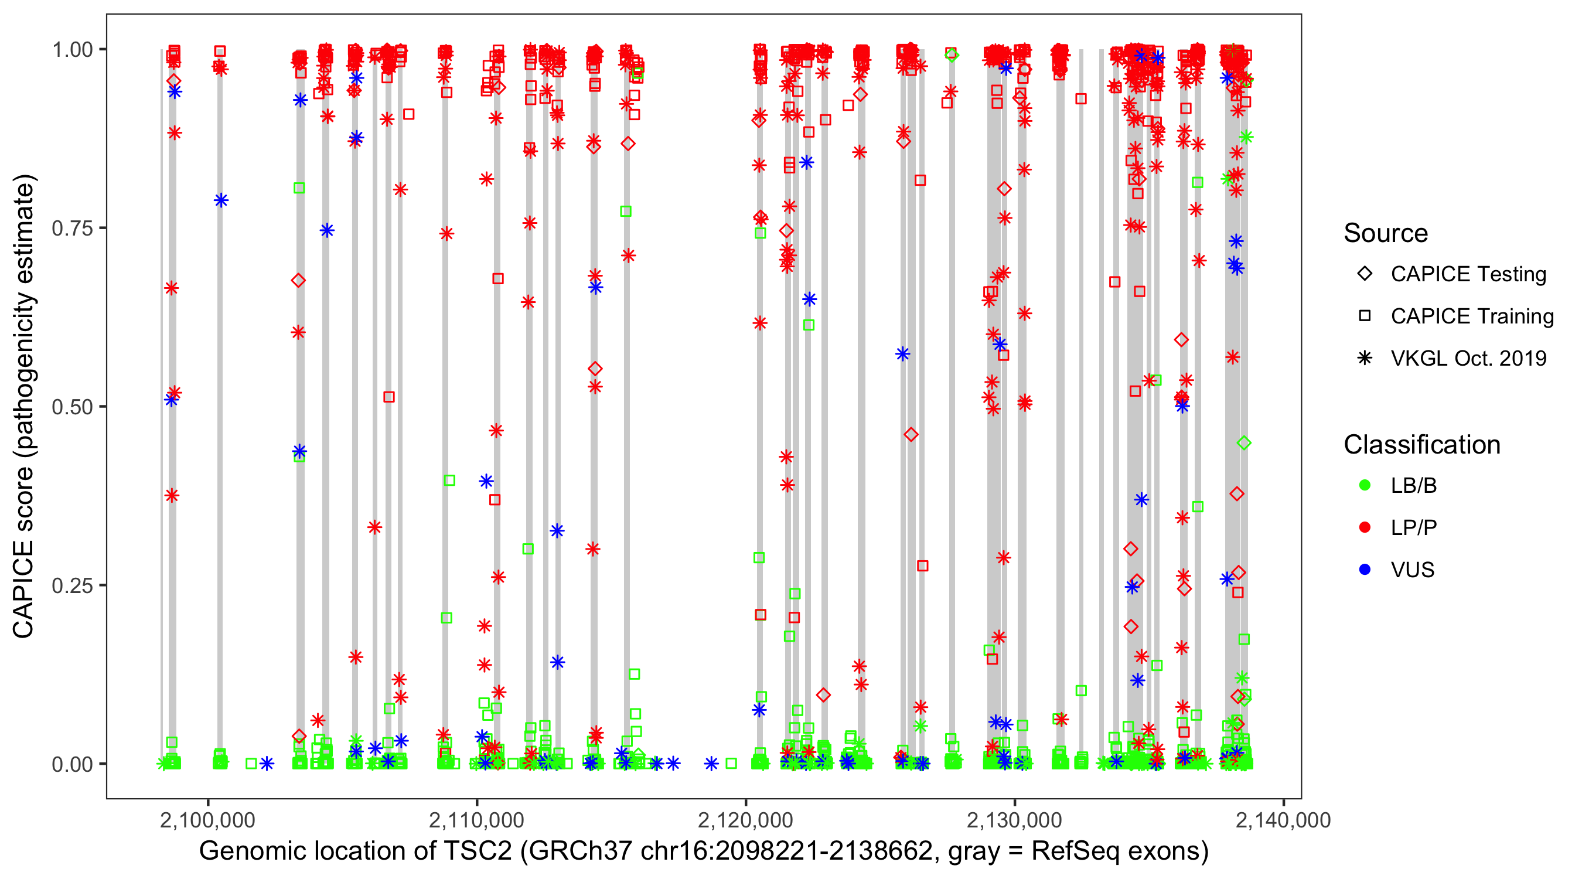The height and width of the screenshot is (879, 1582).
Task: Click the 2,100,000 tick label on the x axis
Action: point(207,820)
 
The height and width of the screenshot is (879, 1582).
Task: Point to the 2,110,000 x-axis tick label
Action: point(476,820)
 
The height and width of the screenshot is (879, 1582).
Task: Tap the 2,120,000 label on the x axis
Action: point(745,820)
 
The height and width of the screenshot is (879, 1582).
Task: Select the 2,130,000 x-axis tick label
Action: point(1015,820)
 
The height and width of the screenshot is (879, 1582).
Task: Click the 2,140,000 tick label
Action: point(1283,820)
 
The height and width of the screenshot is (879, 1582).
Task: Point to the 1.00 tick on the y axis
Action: point(72,49)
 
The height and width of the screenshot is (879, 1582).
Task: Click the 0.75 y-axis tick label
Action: point(72,228)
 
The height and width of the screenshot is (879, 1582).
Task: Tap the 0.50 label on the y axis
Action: point(72,407)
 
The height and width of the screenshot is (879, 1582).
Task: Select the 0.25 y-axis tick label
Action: point(72,585)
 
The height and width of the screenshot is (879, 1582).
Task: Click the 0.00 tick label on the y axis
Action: point(72,764)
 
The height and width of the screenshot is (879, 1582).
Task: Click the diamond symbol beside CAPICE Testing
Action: point(1365,273)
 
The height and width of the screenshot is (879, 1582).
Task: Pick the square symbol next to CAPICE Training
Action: point(1365,316)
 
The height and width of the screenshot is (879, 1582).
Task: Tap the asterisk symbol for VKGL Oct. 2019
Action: point(1365,358)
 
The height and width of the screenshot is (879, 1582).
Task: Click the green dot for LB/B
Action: point(1365,485)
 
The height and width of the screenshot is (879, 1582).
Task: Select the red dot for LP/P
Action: point(1365,527)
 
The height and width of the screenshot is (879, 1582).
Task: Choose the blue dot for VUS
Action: point(1365,570)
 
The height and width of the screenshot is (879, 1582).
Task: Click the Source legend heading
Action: point(1386,233)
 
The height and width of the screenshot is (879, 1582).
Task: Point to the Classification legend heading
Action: point(1421,445)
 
